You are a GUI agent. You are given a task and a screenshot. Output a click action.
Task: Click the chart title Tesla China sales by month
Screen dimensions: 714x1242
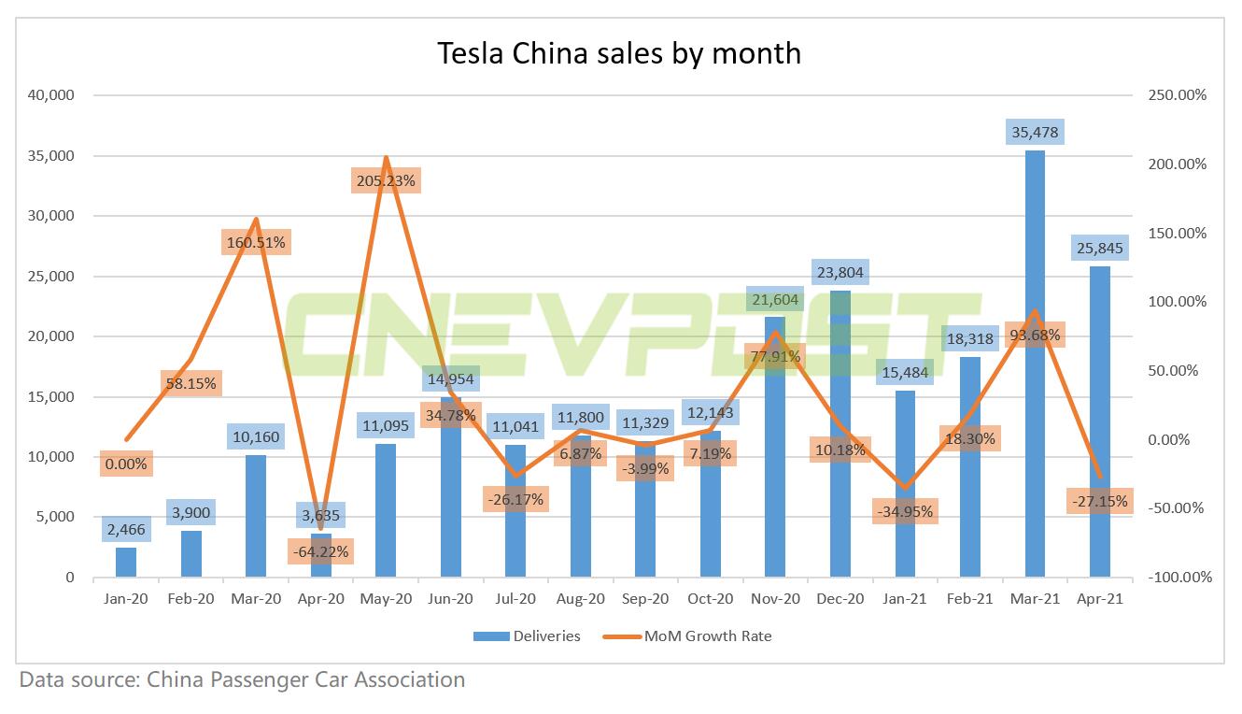(620, 53)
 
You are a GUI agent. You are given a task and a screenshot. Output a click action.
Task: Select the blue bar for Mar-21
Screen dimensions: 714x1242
(1035, 374)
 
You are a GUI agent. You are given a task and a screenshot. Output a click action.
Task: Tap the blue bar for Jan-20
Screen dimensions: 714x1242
(126, 562)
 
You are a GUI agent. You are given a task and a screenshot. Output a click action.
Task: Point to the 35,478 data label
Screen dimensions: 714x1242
(1035, 132)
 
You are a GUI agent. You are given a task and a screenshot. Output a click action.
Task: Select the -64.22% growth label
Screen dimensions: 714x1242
(319, 551)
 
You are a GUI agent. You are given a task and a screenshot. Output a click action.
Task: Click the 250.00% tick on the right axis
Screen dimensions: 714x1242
(1178, 95)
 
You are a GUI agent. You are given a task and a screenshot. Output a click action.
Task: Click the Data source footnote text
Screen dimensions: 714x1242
(242, 679)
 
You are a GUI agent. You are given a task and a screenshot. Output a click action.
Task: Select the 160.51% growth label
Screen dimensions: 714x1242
(256, 242)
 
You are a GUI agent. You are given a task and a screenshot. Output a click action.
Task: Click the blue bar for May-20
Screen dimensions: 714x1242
(385, 510)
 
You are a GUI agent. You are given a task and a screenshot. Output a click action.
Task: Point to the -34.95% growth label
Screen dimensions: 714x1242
(904, 511)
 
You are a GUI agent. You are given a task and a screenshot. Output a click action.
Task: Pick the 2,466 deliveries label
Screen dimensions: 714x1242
(126, 529)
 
